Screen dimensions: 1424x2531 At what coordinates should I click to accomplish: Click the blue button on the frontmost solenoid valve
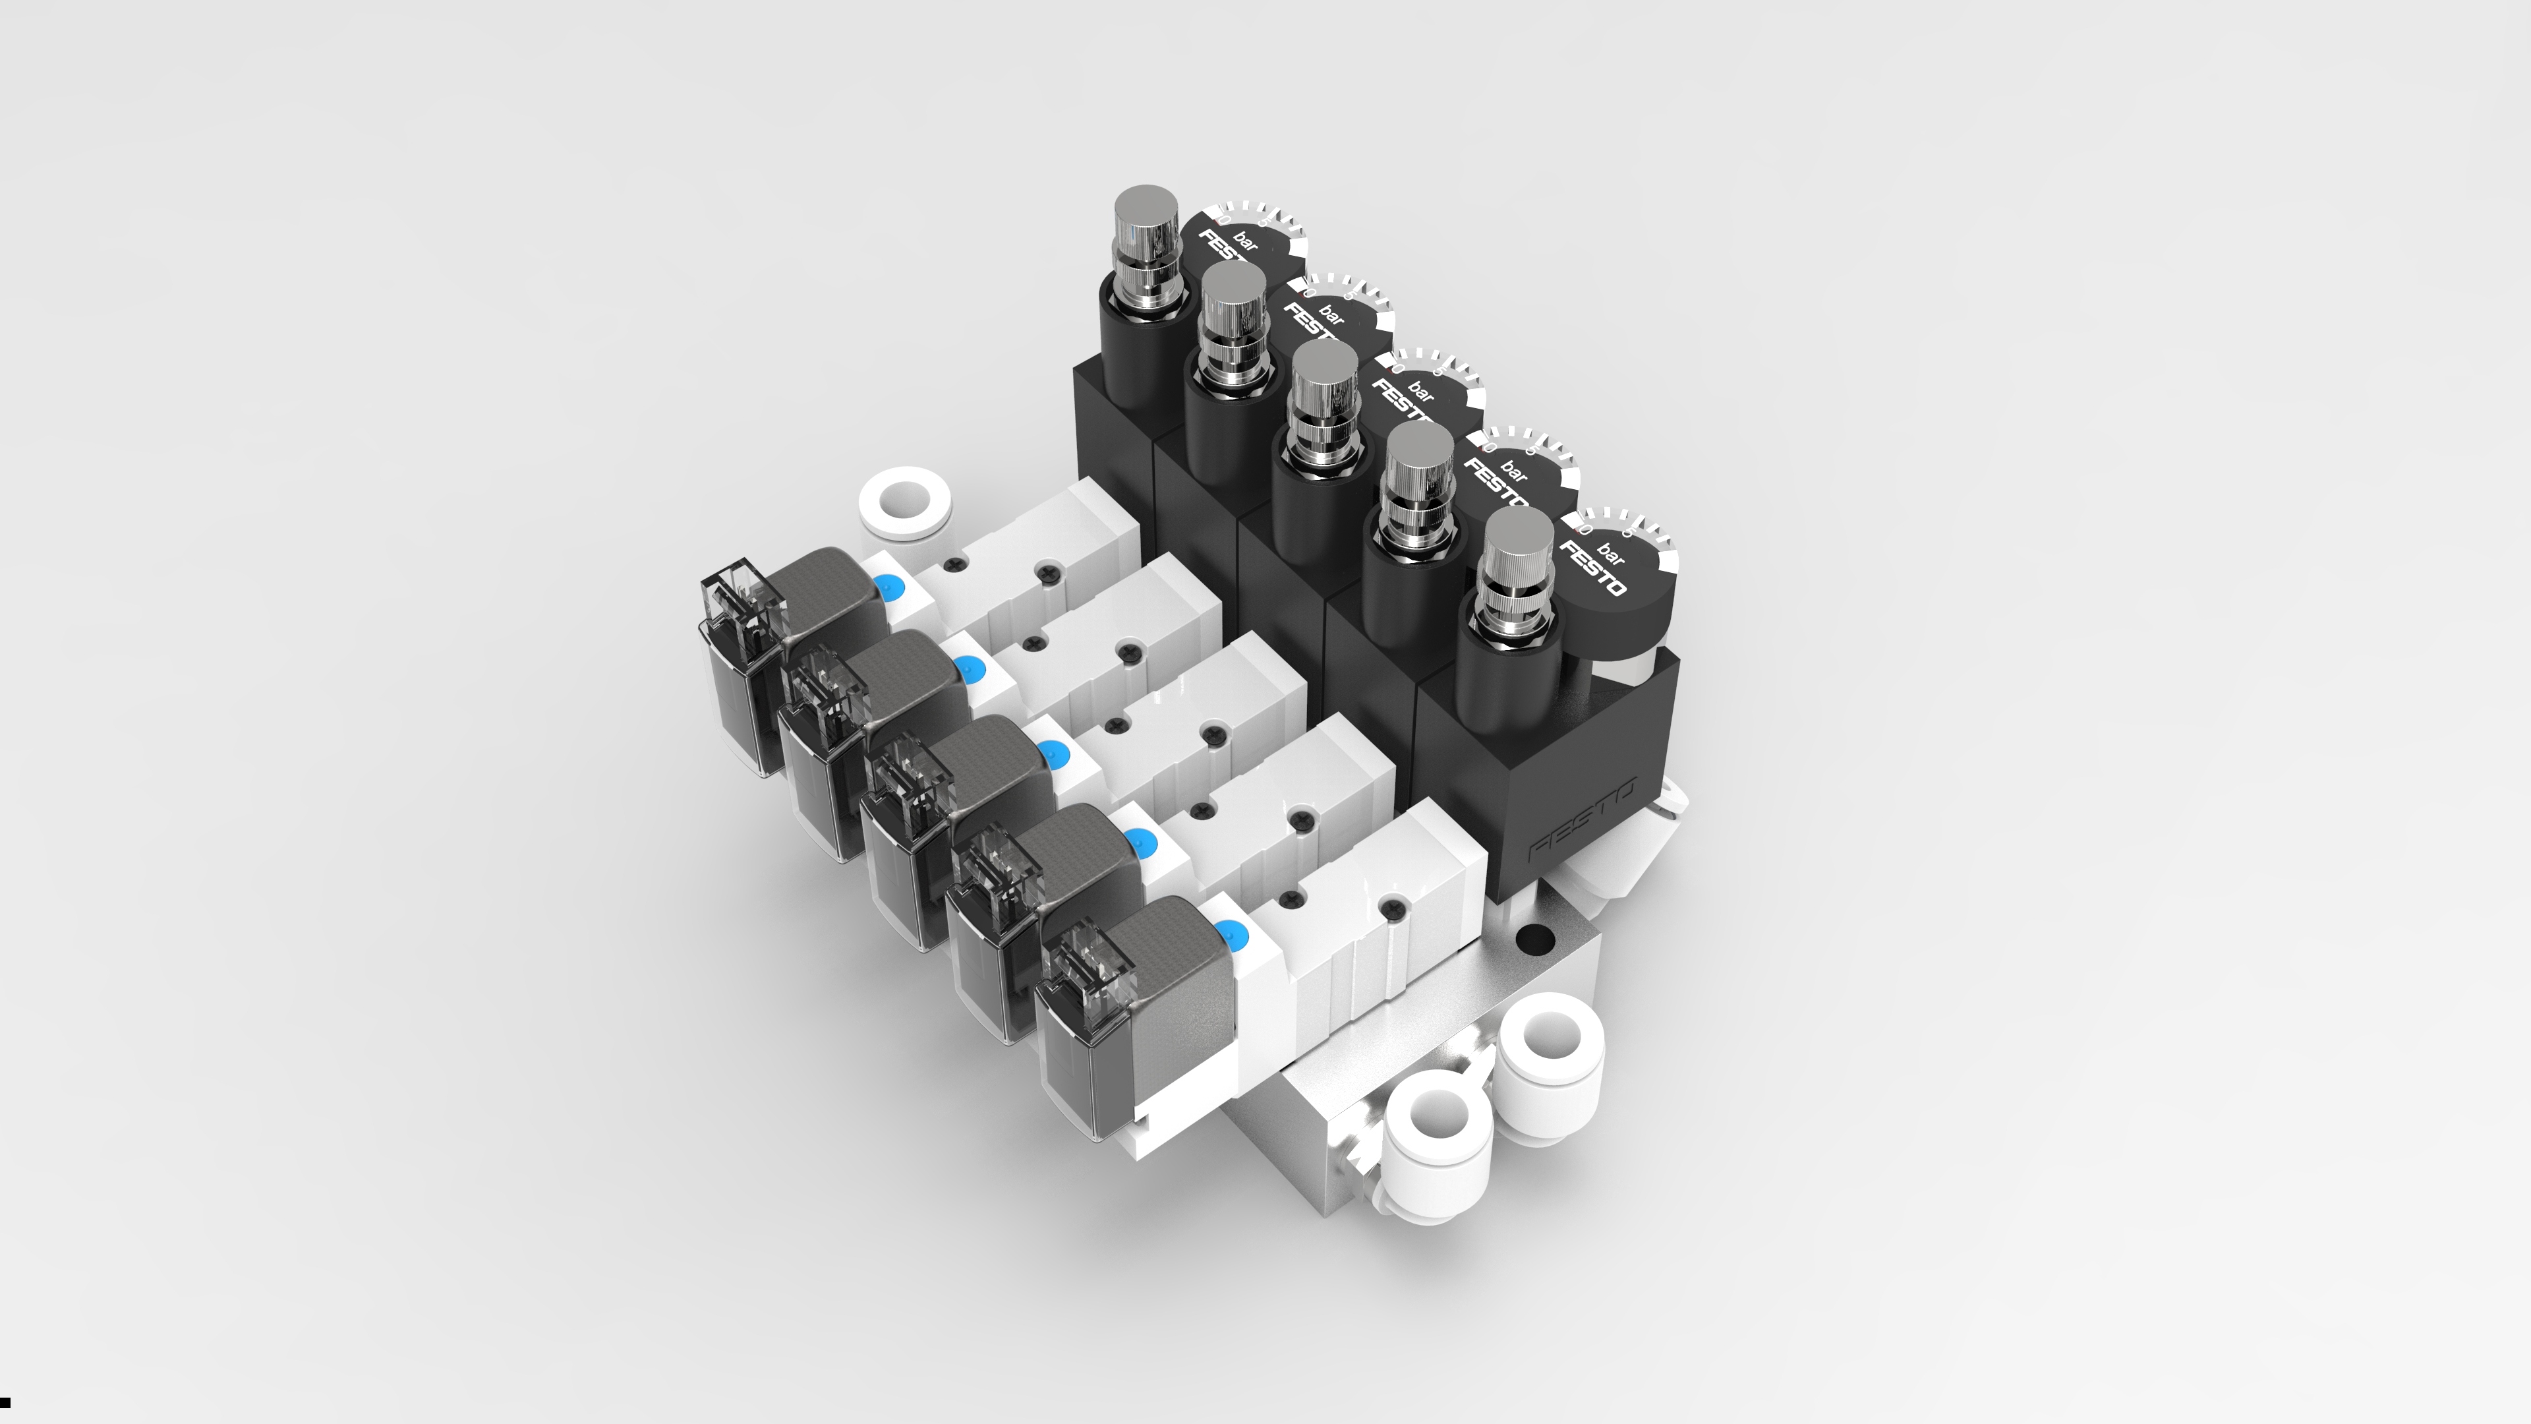[1226, 934]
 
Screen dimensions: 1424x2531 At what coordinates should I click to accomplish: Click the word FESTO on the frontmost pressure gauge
[1592, 569]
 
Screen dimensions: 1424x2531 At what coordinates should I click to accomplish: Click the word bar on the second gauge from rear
[1331, 314]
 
